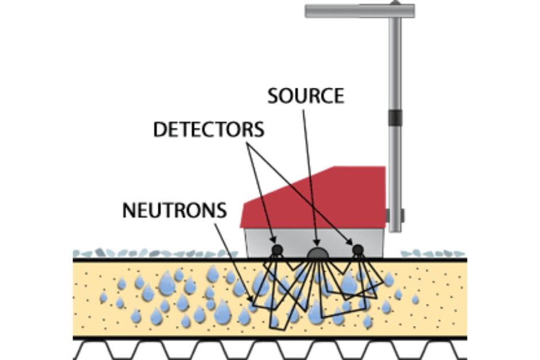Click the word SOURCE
coord(306,95)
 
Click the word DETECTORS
coord(209,130)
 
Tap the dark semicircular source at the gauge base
coord(317,253)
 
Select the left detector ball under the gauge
coord(276,249)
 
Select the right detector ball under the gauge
coord(358,249)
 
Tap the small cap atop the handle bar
coord(394,3)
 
